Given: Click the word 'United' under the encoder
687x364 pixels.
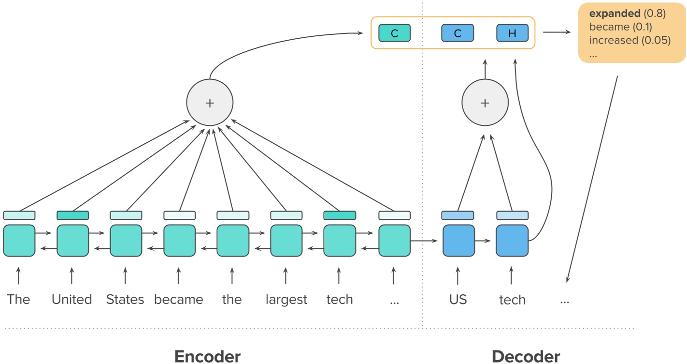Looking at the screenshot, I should pyautogui.click(x=72, y=300).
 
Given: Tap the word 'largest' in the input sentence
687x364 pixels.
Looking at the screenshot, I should pyautogui.click(x=286, y=300).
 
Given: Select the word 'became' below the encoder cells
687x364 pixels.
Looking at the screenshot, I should pyautogui.click(x=178, y=300).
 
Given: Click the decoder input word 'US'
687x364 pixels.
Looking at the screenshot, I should pyautogui.click(x=458, y=300).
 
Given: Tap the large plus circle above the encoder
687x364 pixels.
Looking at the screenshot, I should pyautogui.click(x=210, y=103).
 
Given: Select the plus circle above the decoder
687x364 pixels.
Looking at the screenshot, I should pyautogui.click(x=485, y=103).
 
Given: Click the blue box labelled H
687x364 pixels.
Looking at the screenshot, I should pyautogui.click(x=512, y=33).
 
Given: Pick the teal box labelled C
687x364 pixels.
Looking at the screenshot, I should pyautogui.click(x=394, y=33).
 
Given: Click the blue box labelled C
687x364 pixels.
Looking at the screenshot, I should pyautogui.click(x=458, y=33).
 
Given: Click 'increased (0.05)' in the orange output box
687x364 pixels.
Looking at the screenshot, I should pyautogui.click(x=630, y=40).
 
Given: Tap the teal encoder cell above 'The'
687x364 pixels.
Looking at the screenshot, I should pyautogui.click(x=19, y=241).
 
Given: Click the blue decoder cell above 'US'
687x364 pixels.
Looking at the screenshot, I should pyautogui.click(x=458, y=241).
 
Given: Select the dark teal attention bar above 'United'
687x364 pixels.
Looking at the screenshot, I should pyautogui.click(x=72, y=215).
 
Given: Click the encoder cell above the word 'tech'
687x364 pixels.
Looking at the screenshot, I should pyautogui.click(x=339, y=241).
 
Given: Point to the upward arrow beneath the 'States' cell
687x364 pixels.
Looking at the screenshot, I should pyautogui.click(x=125, y=276).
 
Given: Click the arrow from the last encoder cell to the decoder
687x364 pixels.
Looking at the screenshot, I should pyautogui.click(x=426, y=241).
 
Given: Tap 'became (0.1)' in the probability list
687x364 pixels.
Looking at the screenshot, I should pyautogui.click(x=620, y=27).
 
